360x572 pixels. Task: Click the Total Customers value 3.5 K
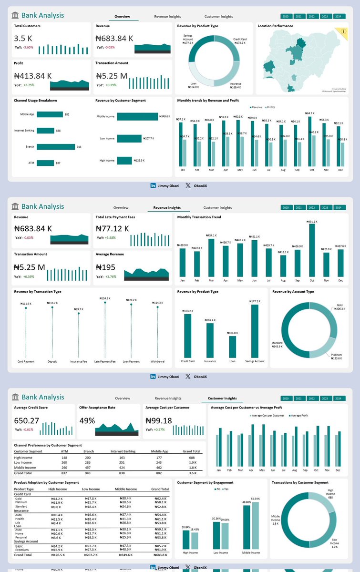(x=23, y=38)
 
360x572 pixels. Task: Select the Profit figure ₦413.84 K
(x=33, y=76)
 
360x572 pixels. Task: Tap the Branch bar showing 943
(x=56, y=147)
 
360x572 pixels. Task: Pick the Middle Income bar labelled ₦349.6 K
(x=137, y=116)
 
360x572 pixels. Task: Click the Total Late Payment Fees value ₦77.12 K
(x=113, y=228)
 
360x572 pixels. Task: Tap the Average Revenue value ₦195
(x=106, y=266)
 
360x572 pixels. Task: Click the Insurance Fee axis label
(x=79, y=361)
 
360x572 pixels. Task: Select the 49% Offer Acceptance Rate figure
(x=88, y=421)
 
